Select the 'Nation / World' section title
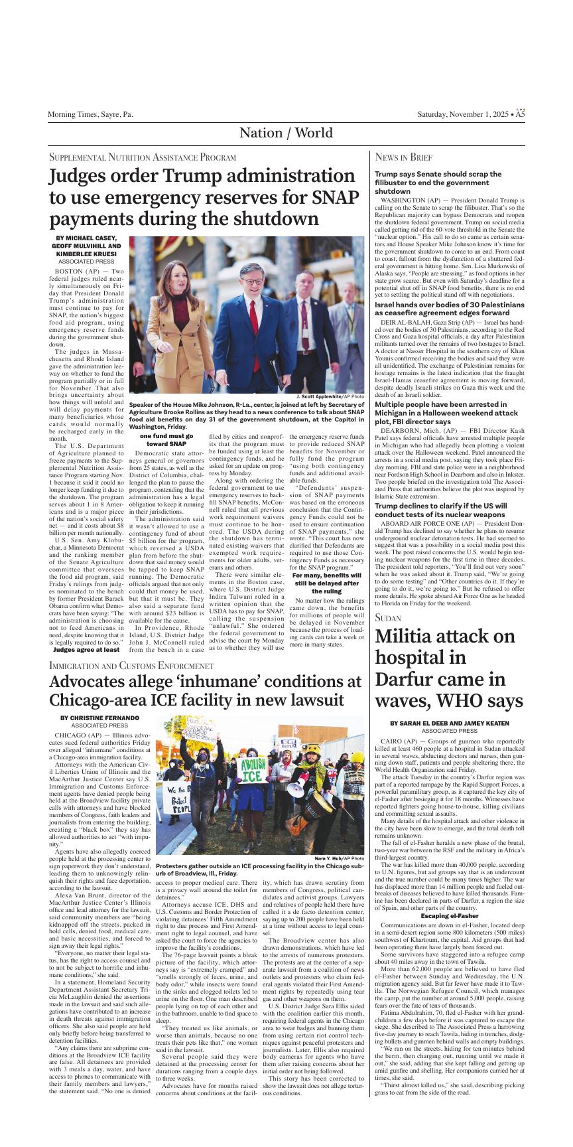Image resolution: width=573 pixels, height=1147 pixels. pos(286,133)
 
